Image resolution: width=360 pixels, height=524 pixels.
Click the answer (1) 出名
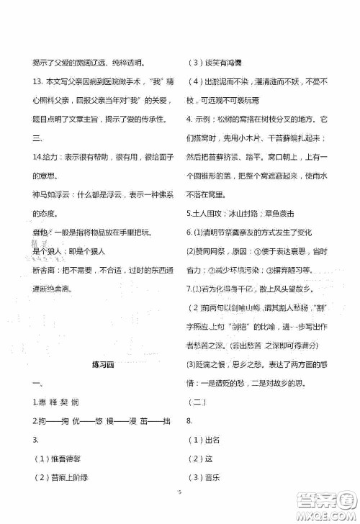pyautogui.click(x=204, y=440)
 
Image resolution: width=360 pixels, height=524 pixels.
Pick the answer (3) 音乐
pyautogui.click(x=204, y=479)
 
